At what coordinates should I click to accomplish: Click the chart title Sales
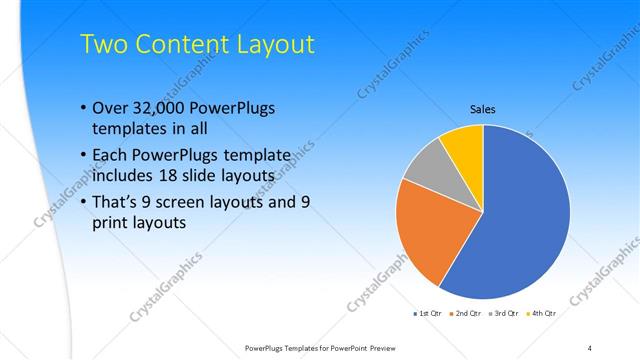(x=483, y=110)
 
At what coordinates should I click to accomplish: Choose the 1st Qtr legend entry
(x=431, y=314)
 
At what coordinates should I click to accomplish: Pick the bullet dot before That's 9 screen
(x=81, y=202)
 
